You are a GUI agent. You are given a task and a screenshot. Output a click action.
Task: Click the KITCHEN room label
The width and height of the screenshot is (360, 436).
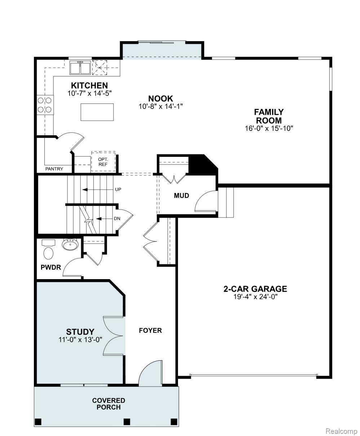point(89,85)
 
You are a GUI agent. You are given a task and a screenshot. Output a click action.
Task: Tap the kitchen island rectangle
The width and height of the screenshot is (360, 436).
point(97,112)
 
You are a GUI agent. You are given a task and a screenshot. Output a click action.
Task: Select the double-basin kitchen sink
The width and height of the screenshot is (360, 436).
point(80,68)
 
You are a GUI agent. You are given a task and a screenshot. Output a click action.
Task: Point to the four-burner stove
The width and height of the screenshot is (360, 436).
point(45,105)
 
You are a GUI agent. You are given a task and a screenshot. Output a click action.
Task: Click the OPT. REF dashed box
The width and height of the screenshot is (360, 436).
point(103,161)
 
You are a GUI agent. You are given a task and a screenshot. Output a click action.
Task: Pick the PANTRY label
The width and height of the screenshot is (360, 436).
point(54,169)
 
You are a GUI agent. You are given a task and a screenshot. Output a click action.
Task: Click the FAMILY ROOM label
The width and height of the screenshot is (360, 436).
point(269,116)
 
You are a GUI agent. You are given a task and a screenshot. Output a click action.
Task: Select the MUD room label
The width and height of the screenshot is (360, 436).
point(182,196)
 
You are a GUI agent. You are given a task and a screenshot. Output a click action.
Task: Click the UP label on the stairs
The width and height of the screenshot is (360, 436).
point(118,189)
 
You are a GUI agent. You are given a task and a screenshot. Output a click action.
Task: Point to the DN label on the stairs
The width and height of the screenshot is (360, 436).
point(117,219)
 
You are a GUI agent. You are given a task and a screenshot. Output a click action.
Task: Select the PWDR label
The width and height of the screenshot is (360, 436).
point(50,268)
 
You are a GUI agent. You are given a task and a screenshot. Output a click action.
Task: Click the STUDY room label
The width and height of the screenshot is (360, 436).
point(80,331)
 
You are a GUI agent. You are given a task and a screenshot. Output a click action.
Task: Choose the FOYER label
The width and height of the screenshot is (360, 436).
point(150,330)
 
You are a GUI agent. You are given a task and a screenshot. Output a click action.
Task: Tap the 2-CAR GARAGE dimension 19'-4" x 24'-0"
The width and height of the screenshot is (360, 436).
point(255,297)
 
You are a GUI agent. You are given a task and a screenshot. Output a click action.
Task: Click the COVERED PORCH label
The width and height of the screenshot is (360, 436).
point(108,404)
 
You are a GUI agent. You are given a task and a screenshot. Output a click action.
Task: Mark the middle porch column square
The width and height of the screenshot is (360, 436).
point(126,422)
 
